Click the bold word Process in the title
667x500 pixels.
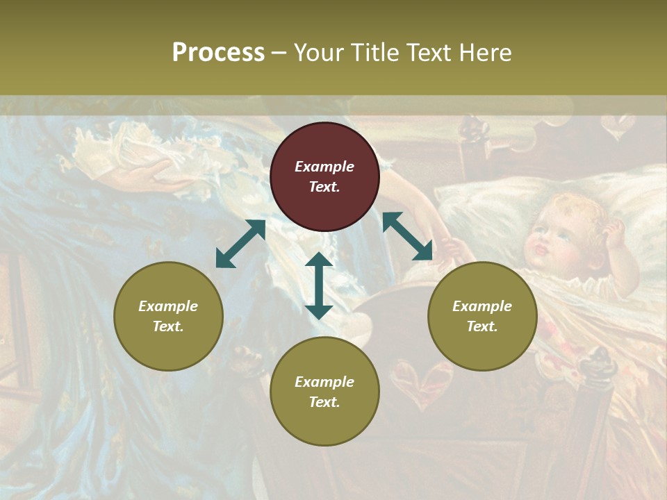(x=218, y=53)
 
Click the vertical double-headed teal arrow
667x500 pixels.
(x=319, y=285)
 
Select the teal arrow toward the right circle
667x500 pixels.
(x=408, y=237)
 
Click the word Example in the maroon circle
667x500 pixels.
(x=324, y=167)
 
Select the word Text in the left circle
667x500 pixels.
(x=168, y=326)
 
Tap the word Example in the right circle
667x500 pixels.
(x=482, y=306)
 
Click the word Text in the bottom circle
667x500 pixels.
(x=324, y=402)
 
